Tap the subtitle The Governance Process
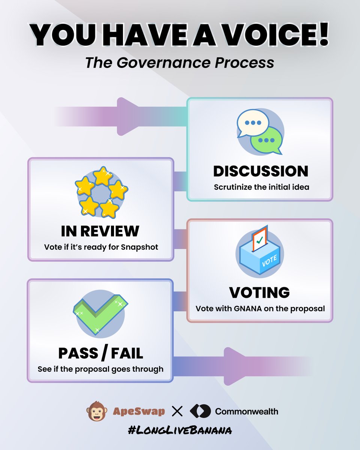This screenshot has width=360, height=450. tap(180, 63)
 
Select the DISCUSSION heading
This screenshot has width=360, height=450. tap(261, 171)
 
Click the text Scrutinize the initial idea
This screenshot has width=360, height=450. tap(261, 187)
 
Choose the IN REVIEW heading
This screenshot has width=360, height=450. tap(100, 231)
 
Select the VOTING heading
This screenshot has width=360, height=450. tap(259, 292)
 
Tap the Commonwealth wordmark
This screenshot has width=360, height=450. tap(246, 411)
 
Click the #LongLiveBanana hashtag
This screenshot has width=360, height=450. tap(180, 430)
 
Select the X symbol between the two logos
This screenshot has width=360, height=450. tap(177, 411)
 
